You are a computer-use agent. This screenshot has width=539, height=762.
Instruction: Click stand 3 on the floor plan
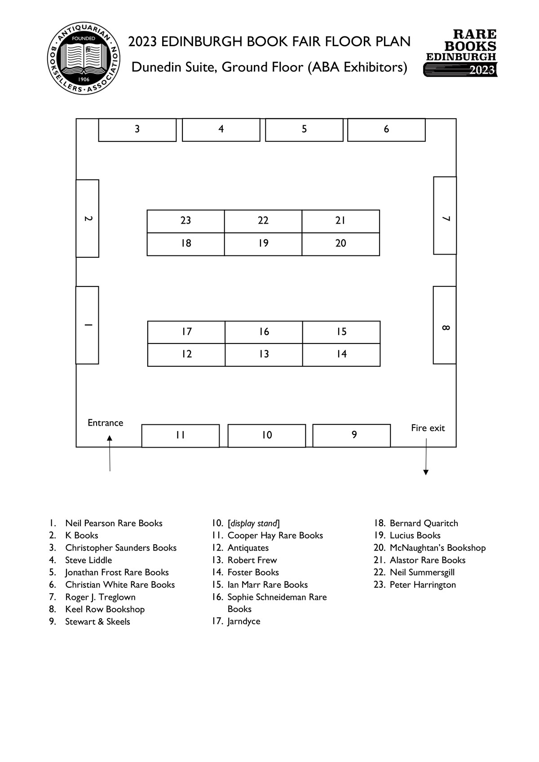point(137,130)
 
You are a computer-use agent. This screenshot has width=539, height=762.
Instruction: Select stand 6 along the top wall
point(386,130)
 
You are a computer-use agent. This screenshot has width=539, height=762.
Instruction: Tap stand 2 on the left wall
point(88,219)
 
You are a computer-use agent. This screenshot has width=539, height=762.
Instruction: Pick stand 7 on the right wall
point(445,216)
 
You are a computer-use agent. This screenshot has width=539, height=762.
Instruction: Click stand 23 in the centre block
point(186,221)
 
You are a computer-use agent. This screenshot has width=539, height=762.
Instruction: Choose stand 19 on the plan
point(263,244)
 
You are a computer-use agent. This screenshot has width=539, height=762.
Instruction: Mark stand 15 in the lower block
point(341,332)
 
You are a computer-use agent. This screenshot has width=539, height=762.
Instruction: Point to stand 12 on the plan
point(186,355)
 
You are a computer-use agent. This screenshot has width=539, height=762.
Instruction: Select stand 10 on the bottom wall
point(267,436)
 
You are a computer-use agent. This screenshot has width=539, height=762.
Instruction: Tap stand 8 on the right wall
point(445,325)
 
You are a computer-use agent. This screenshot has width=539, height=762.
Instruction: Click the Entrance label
point(105,423)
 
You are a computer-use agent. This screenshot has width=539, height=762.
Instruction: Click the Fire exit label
point(428,428)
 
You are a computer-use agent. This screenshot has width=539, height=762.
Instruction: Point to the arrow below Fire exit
point(426,457)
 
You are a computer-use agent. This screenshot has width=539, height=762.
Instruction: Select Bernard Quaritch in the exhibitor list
point(424,524)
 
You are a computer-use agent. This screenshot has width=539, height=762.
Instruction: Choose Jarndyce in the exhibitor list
point(243,621)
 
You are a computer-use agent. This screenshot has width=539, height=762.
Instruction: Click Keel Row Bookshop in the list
point(105,609)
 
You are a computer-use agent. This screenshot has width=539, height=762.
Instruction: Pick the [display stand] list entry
point(253,524)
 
